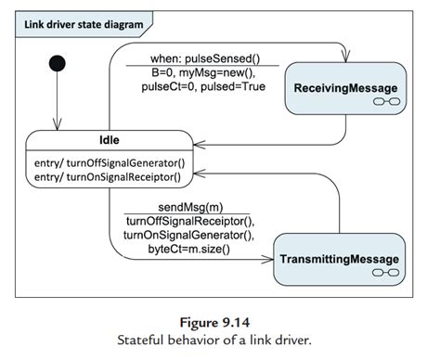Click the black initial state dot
pos(57,64)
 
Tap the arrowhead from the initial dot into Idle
pos(57,129)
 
